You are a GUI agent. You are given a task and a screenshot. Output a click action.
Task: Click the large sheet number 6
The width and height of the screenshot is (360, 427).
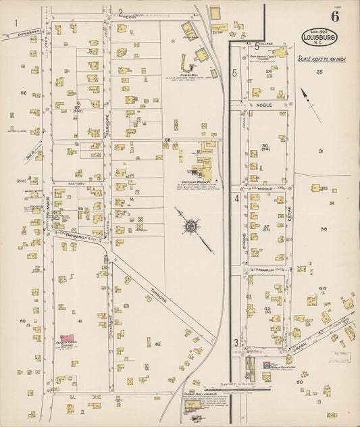point(335,16)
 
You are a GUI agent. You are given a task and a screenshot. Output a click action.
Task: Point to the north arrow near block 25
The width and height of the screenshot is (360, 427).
point(309,97)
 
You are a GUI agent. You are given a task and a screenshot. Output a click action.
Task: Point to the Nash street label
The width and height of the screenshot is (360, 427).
point(301,347)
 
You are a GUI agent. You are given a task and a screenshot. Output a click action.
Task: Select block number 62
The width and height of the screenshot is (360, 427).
point(157,344)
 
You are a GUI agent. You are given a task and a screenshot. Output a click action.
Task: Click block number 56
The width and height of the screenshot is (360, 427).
point(24,93)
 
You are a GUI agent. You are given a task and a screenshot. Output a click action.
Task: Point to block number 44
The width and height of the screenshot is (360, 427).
point(322,288)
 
